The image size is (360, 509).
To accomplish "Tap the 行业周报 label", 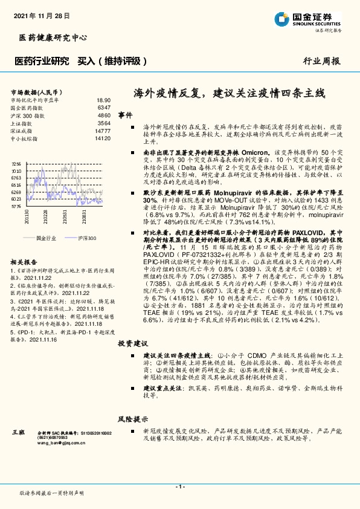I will click(322, 61).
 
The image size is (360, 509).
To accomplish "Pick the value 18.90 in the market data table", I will click(103, 100).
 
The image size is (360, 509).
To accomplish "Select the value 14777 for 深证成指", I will click(103, 130).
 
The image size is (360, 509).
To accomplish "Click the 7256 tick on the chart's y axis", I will click(16, 164).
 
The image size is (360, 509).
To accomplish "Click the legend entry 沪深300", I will click(86, 239).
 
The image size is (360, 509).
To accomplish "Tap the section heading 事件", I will click(125, 115).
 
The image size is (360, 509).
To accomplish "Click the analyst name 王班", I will click(18, 433).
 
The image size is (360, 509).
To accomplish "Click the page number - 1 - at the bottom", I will click(179, 487).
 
